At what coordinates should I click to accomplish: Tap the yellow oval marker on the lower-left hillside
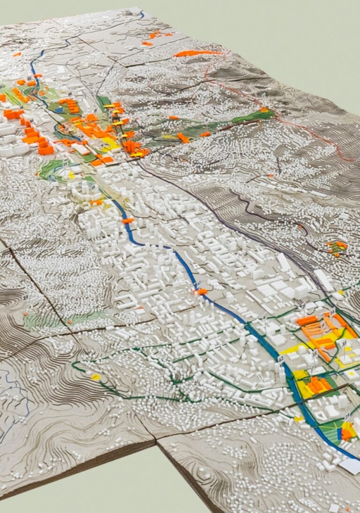[x=95, y=377]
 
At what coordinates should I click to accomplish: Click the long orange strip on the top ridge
[x=197, y=53]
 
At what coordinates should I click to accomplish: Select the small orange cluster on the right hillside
[x=337, y=246]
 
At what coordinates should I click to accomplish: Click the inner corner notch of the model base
[x=156, y=441]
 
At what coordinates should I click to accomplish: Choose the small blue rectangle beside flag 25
[x=339, y=434]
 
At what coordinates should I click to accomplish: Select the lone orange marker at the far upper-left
[x=17, y=54]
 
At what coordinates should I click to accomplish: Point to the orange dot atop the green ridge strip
[x=263, y=110]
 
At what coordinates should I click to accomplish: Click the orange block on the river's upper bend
[x=127, y=220]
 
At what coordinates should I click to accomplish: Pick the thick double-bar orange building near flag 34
[x=307, y=321]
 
